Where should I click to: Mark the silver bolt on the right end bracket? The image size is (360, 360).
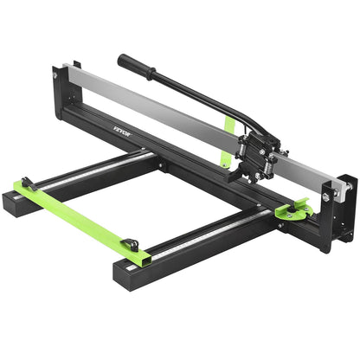pos(328,196)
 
